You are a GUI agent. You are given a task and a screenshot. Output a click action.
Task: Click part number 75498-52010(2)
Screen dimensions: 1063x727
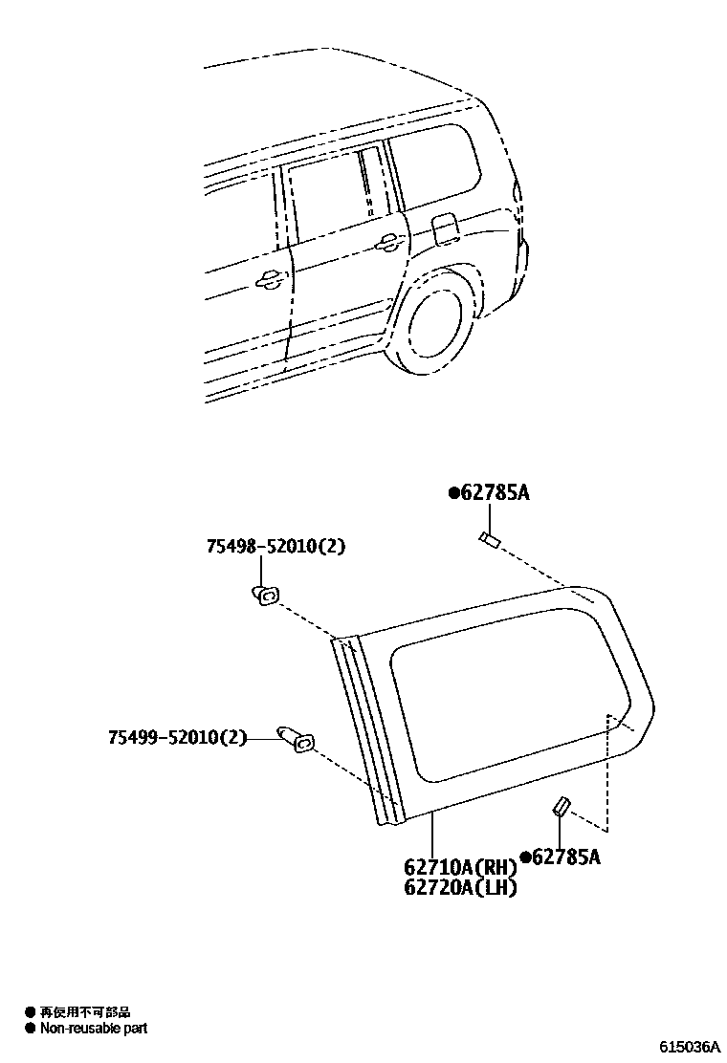[275, 547]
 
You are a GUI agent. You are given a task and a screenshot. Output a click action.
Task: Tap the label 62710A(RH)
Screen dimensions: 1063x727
[459, 868]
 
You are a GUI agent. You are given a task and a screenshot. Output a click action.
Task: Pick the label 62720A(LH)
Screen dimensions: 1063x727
[459, 888]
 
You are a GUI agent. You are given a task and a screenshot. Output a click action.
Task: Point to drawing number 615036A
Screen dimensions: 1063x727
[688, 1048]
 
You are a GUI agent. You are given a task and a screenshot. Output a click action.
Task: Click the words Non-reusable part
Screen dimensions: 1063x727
[94, 1029]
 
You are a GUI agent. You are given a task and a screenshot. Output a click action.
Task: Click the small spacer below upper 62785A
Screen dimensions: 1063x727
[489, 540]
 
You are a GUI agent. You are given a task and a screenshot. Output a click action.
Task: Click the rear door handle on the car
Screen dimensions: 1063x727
[387, 245]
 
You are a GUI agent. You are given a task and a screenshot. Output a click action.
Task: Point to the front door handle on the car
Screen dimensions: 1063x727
[269, 279]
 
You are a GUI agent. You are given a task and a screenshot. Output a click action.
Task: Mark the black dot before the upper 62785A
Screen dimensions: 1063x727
[453, 494]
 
